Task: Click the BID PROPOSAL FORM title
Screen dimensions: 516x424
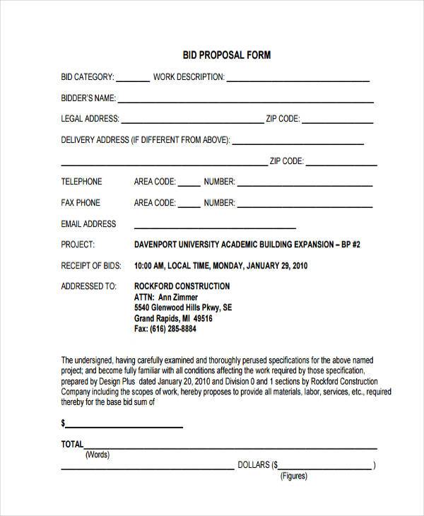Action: pos(217,54)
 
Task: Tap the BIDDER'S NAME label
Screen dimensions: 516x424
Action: pos(88,98)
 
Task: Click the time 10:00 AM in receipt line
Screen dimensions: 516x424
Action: pos(149,266)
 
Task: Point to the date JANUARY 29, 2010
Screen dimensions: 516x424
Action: pos(276,266)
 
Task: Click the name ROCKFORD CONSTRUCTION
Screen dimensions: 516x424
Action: pos(182,286)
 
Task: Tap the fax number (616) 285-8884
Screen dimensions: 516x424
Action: pos(165,329)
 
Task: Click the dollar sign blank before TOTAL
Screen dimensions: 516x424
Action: pos(124,425)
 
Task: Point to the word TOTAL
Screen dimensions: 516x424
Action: pos(72,445)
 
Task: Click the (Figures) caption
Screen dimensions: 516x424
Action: pos(294,476)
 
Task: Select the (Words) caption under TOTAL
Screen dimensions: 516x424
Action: pos(98,455)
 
